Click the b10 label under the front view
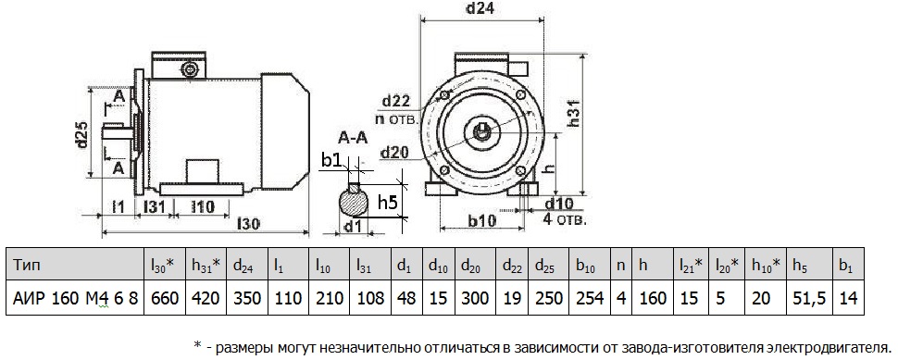[480, 219]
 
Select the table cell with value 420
[204, 298]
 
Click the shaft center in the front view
[483, 130]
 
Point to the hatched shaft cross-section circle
[354, 201]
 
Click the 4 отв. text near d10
[564, 219]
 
